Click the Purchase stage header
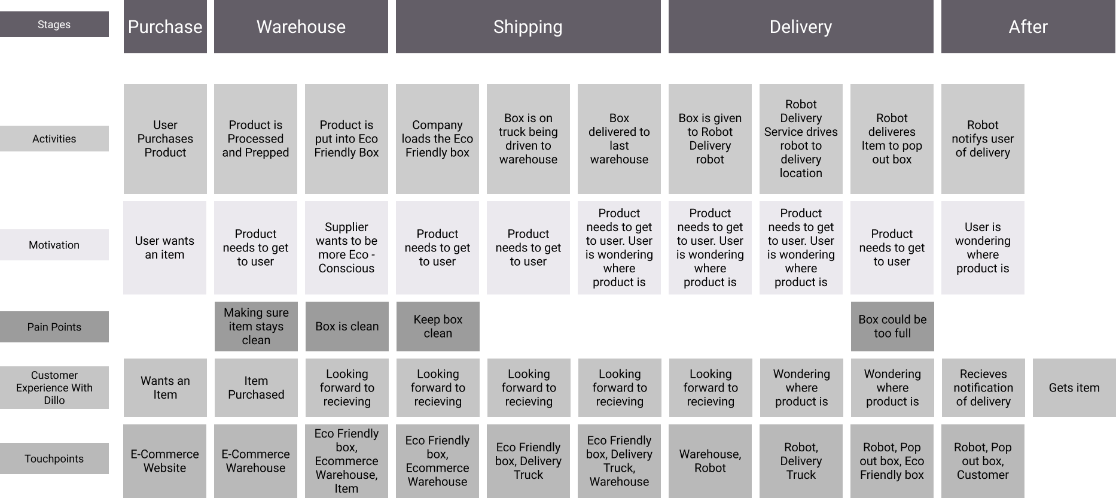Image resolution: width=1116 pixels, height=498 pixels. [x=165, y=27]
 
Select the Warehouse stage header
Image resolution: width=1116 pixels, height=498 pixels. [x=301, y=27]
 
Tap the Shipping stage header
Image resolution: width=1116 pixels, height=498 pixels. [x=528, y=27]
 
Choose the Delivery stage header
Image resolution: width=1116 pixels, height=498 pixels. [x=801, y=27]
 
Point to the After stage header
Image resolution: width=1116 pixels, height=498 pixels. [x=1028, y=27]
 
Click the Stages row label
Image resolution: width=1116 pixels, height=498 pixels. [x=54, y=25]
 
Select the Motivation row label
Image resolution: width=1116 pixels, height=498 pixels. [x=54, y=245]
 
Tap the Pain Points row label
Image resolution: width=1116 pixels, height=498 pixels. [x=54, y=327]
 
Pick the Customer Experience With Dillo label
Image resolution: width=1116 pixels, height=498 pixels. [x=54, y=387]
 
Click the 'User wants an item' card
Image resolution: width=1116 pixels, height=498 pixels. [x=164, y=248]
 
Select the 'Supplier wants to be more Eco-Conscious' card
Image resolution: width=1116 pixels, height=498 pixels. [x=346, y=248]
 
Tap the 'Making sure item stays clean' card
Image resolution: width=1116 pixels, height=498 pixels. [x=256, y=326]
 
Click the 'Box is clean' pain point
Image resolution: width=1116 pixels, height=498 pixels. [x=347, y=326]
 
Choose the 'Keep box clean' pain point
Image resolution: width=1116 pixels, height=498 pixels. [x=438, y=326]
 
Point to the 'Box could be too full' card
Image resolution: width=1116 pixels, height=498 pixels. [x=892, y=326]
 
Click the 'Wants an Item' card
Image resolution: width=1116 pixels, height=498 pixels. [x=165, y=388]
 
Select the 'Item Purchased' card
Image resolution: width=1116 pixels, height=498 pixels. [x=256, y=388]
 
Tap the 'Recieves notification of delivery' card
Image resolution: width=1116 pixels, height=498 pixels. [x=983, y=388]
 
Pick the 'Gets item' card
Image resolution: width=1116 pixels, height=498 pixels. [x=1074, y=388]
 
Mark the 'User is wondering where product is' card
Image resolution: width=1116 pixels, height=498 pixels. [x=983, y=248]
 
